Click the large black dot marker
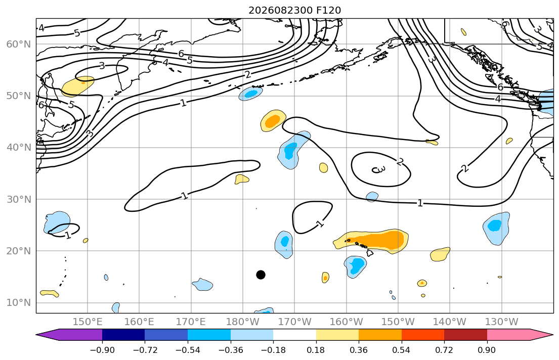261,275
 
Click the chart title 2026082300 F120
294,10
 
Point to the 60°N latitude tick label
19,44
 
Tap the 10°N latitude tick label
19,303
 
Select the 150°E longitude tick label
88,322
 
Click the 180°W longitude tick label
243,322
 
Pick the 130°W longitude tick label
502,322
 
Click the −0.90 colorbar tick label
102,350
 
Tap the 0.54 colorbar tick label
402,350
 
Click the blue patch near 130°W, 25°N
496,228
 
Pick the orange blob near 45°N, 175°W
273,120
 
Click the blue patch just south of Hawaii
356,266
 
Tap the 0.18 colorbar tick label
316,350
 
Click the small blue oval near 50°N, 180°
250,94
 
